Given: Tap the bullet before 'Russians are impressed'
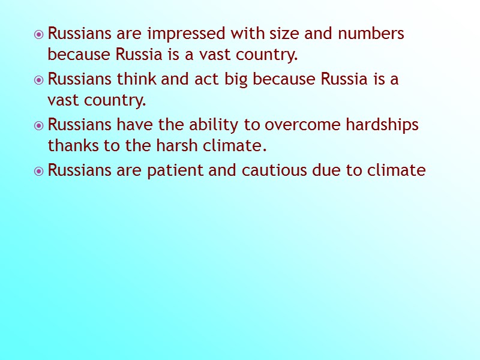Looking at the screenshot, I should click(x=39, y=34).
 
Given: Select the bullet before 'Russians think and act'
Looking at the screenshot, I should click(x=39, y=80).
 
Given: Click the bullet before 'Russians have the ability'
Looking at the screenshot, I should click(x=39, y=125).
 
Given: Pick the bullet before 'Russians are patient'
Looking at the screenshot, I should click(x=39, y=171).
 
